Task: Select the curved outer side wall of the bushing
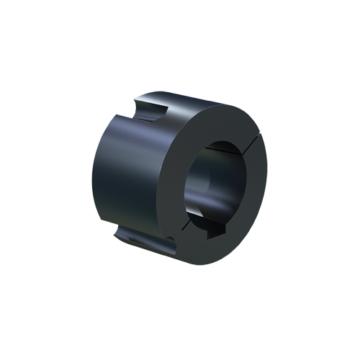click(x=126, y=173)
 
